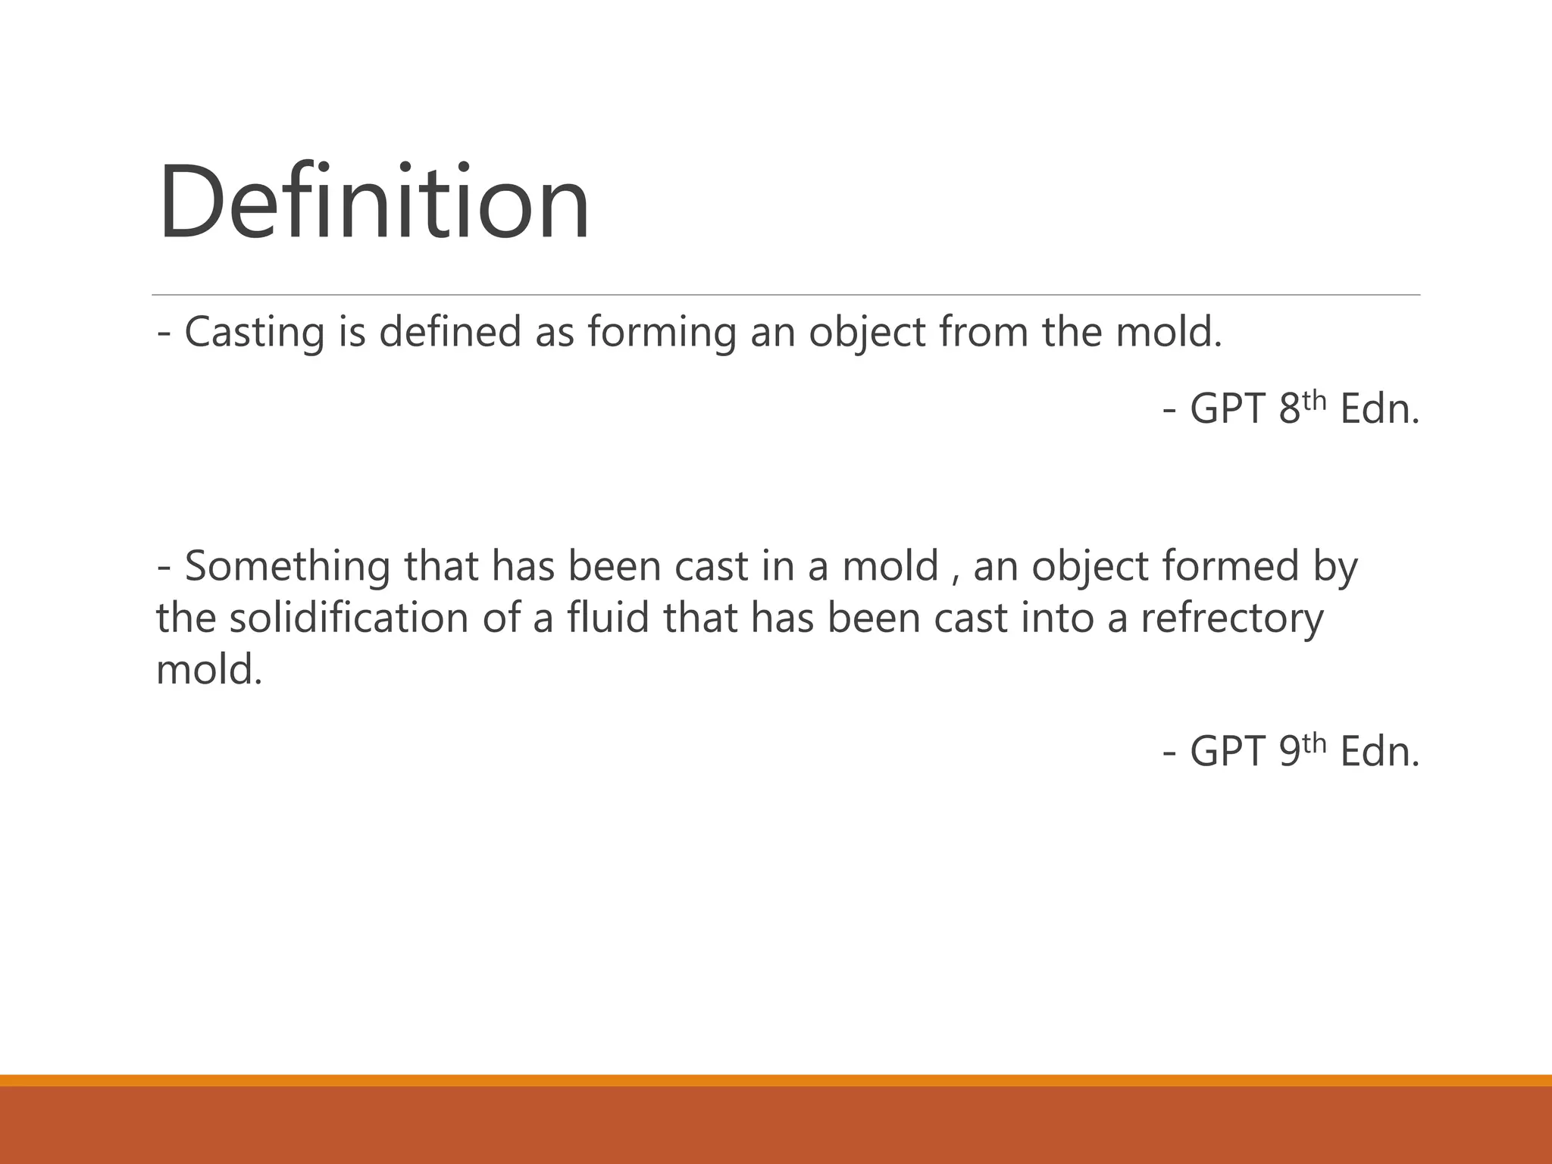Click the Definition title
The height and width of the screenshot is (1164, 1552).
(374, 202)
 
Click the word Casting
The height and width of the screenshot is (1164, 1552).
(254, 333)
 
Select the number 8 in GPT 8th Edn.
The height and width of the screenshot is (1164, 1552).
(1289, 409)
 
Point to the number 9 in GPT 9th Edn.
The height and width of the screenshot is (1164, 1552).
(1289, 752)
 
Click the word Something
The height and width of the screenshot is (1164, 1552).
(287, 567)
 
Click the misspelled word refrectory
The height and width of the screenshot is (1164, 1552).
(1231, 618)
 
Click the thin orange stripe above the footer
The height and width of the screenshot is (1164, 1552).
(776, 1080)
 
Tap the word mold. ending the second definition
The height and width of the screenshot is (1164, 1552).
(209, 670)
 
